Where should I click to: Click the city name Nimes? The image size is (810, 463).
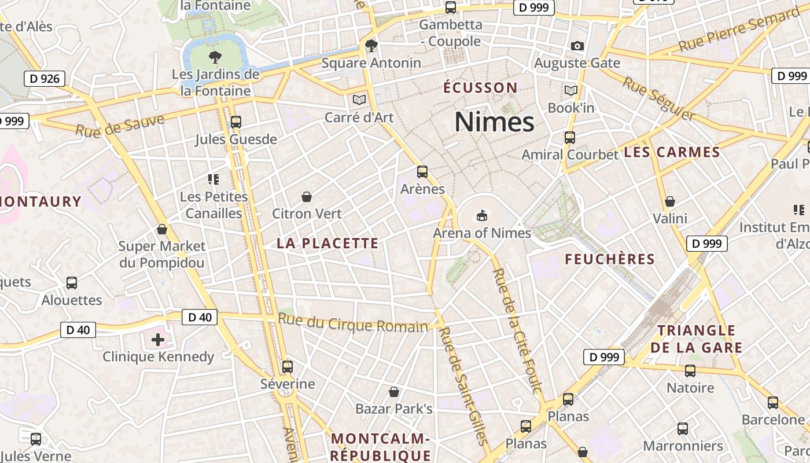[x=494, y=122]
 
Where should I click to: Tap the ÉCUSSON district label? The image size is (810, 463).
[x=480, y=88]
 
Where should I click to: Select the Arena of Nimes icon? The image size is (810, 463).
[x=481, y=215]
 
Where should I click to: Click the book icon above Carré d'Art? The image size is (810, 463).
[x=359, y=100]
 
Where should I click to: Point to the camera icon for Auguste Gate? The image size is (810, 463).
[x=577, y=46]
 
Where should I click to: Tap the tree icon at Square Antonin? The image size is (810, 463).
[x=371, y=45]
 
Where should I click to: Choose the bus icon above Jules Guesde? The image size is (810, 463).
[x=235, y=122]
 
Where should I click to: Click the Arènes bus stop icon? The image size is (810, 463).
[x=422, y=171]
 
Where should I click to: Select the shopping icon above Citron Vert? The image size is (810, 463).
[x=307, y=197]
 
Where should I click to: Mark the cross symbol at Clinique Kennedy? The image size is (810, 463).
[x=158, y=339]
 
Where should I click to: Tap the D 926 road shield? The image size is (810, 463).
[x=44, y=79]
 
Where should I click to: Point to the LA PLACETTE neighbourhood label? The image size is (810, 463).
[x=327, y=244]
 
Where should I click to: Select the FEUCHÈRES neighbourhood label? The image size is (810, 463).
[x=610, y=259]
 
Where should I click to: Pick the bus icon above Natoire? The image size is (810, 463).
[x=690, y=370]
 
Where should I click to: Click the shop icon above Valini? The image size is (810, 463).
[x=669, y=201]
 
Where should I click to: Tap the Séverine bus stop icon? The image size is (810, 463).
[x=287, y=366]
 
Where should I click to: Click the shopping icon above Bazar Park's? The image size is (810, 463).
[x=394, y=392]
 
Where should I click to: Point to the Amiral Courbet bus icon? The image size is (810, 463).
[x=570, y=137]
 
